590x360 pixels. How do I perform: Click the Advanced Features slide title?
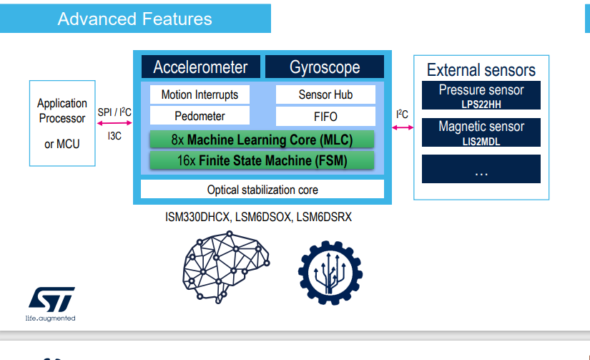(x=134, y=19)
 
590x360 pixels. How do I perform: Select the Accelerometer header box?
(x=200, y=67)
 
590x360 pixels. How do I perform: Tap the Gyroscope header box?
(x=325, y=67)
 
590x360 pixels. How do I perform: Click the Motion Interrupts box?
(x=200, y=94)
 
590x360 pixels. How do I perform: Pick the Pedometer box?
(x=200, y=115)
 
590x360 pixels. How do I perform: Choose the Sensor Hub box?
(x=325, y=94)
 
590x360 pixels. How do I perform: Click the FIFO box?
(x=325, y=116)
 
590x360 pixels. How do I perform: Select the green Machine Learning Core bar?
(x=262, y=139)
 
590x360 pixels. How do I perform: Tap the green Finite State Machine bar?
(x=262, y=161)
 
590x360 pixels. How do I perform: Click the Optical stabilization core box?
(x=262, y=190)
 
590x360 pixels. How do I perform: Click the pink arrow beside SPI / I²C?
(x=114, y=124)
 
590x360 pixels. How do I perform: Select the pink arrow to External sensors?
(x=403, y=127)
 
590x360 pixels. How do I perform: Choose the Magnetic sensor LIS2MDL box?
(x=481, y=132)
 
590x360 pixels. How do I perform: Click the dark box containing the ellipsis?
(x=481, y=169)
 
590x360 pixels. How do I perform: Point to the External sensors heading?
(x=481, y=70)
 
